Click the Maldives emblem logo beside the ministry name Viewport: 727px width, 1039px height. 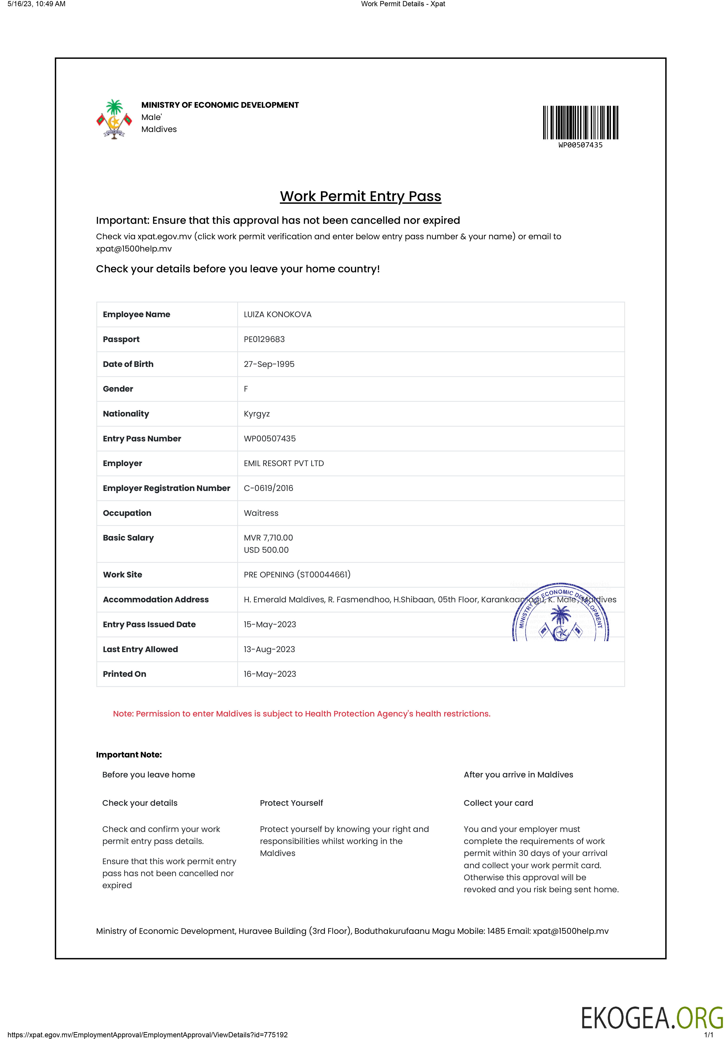(114, 120)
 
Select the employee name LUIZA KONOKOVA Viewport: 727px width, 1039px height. (277, 315)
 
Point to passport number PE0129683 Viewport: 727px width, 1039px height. (264, 339)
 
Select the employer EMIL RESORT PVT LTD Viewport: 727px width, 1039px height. (284, 463)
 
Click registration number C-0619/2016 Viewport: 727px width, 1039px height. (268, 488)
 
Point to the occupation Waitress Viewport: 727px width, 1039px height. (261, 513)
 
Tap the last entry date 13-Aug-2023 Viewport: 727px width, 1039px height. (269, 649)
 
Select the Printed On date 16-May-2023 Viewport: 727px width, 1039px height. (270, 674)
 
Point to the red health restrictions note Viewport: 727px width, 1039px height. (301, 714)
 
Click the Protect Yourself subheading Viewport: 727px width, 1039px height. (291, 803)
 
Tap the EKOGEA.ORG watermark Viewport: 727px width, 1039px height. (651, 1018)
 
